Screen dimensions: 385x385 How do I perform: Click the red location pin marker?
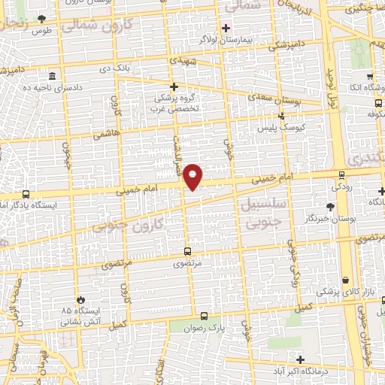coord(193,176)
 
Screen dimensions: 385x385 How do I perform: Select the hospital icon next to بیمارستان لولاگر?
coord(226,28)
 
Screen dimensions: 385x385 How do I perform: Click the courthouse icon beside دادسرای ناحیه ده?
coord(52,77)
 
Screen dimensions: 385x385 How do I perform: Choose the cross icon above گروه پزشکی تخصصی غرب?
coord(174,86)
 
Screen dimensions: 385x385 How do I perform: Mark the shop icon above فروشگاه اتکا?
coord(370,77)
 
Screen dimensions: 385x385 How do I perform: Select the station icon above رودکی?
coord(342,174)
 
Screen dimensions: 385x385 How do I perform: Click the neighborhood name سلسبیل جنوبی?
coord(262,211)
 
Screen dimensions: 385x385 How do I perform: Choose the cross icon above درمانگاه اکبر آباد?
coord(302,360)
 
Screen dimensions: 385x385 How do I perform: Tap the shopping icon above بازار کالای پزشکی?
coord(345,280)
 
